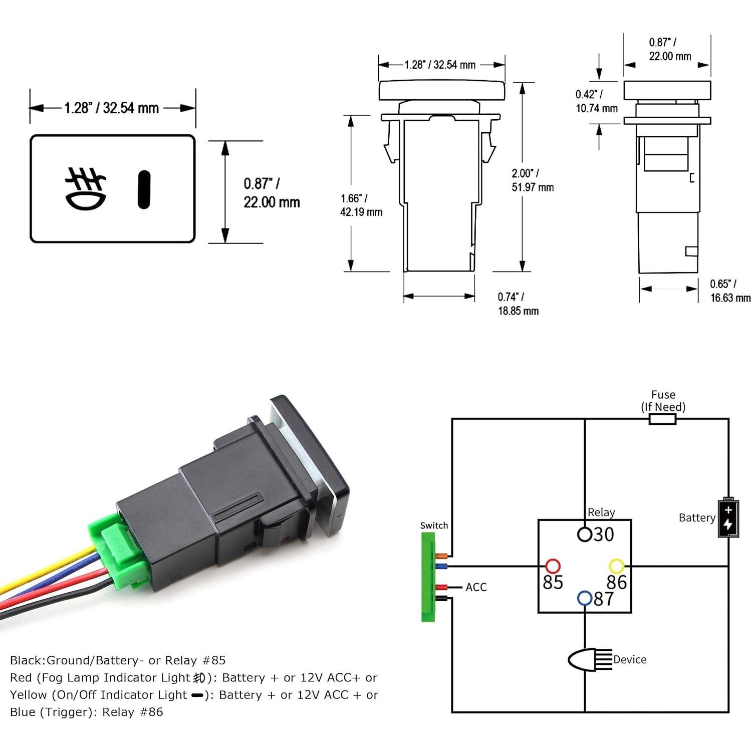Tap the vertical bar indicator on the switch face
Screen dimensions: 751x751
pos(144,189)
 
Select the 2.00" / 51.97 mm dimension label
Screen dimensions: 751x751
pos(532,180)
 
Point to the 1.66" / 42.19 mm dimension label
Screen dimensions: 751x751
pos(361,205)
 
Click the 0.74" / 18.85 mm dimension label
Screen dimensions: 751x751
pos(518,304)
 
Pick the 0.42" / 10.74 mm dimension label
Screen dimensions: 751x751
pos(596,101)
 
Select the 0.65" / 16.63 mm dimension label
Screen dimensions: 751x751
pos(730,291)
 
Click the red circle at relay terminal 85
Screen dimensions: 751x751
pos(552,566)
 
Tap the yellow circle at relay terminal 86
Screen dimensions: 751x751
pos(616,566)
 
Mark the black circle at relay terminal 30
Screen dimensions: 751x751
pos(584,535)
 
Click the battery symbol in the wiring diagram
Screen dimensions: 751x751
pos(728,518)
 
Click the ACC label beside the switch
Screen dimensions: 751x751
pos(476,587)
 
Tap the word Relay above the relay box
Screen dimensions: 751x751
pos(601,512)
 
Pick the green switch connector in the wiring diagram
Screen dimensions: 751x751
pos(428,576)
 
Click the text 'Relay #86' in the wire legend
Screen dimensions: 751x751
pos(133,712)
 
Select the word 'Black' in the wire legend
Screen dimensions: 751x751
pos(27,660)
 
